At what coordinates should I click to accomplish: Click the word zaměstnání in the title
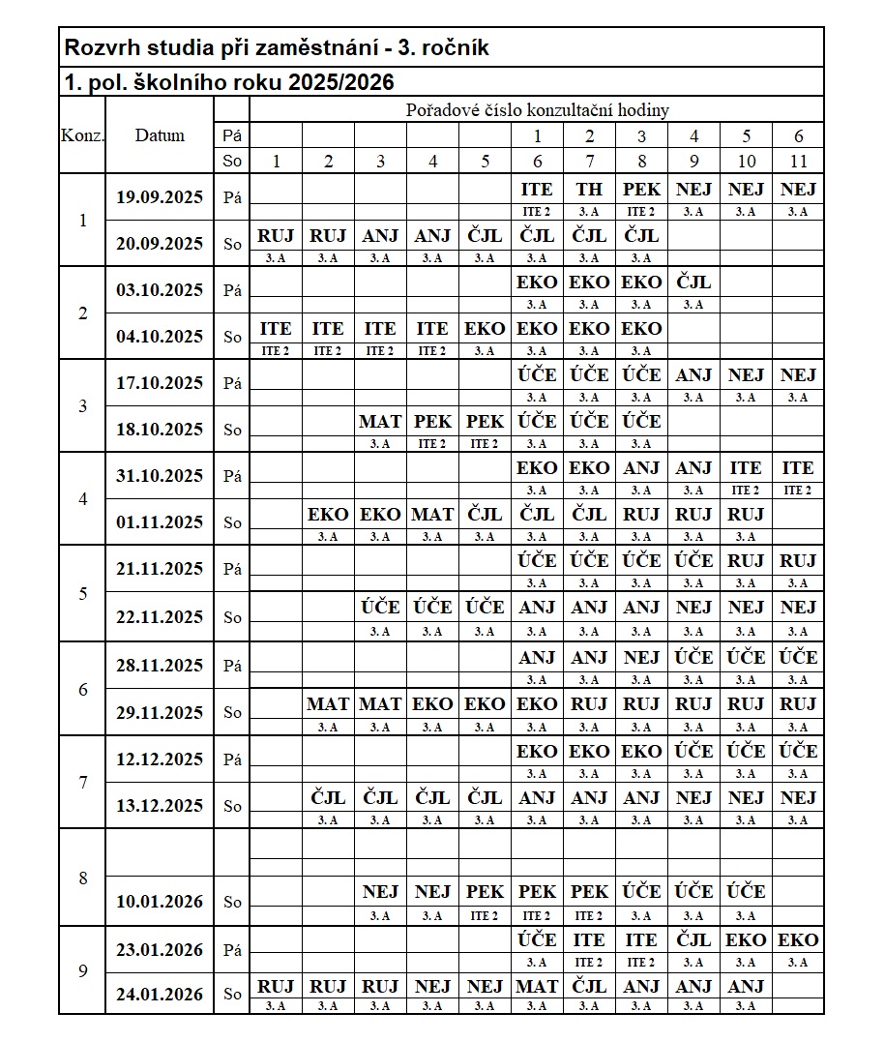[x=314, y=47]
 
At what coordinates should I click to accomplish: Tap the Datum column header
[x=160, y=135]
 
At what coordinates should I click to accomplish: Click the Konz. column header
[x=82, y=135]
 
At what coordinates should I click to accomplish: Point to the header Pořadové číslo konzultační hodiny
[x=537, y=110]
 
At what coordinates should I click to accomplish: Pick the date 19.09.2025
[x=160, y=197]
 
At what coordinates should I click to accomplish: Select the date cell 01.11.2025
[x=160, y=522]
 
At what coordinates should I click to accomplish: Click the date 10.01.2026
[x=160, y=902]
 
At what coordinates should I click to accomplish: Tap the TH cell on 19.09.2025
[x=589, y=190]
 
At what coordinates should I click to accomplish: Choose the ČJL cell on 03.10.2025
[x=693, y=283]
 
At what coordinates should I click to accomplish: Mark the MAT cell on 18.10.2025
[x=380, y=422]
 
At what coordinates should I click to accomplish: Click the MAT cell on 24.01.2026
[x=537, y=987]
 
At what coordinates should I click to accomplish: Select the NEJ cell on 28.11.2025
[x=641, y=658]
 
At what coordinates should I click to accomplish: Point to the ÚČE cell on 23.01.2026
[x=537, y=940]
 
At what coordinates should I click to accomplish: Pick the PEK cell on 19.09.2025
[x=641, y=190]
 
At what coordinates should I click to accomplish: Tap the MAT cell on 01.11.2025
[x=432, y=515]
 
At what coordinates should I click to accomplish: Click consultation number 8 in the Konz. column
[x=82, y=878]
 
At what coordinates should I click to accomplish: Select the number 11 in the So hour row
[x=798, y=162]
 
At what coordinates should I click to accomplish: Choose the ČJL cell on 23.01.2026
[x=693, y=940]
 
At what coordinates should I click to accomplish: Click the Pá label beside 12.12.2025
[x=232, y=759]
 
